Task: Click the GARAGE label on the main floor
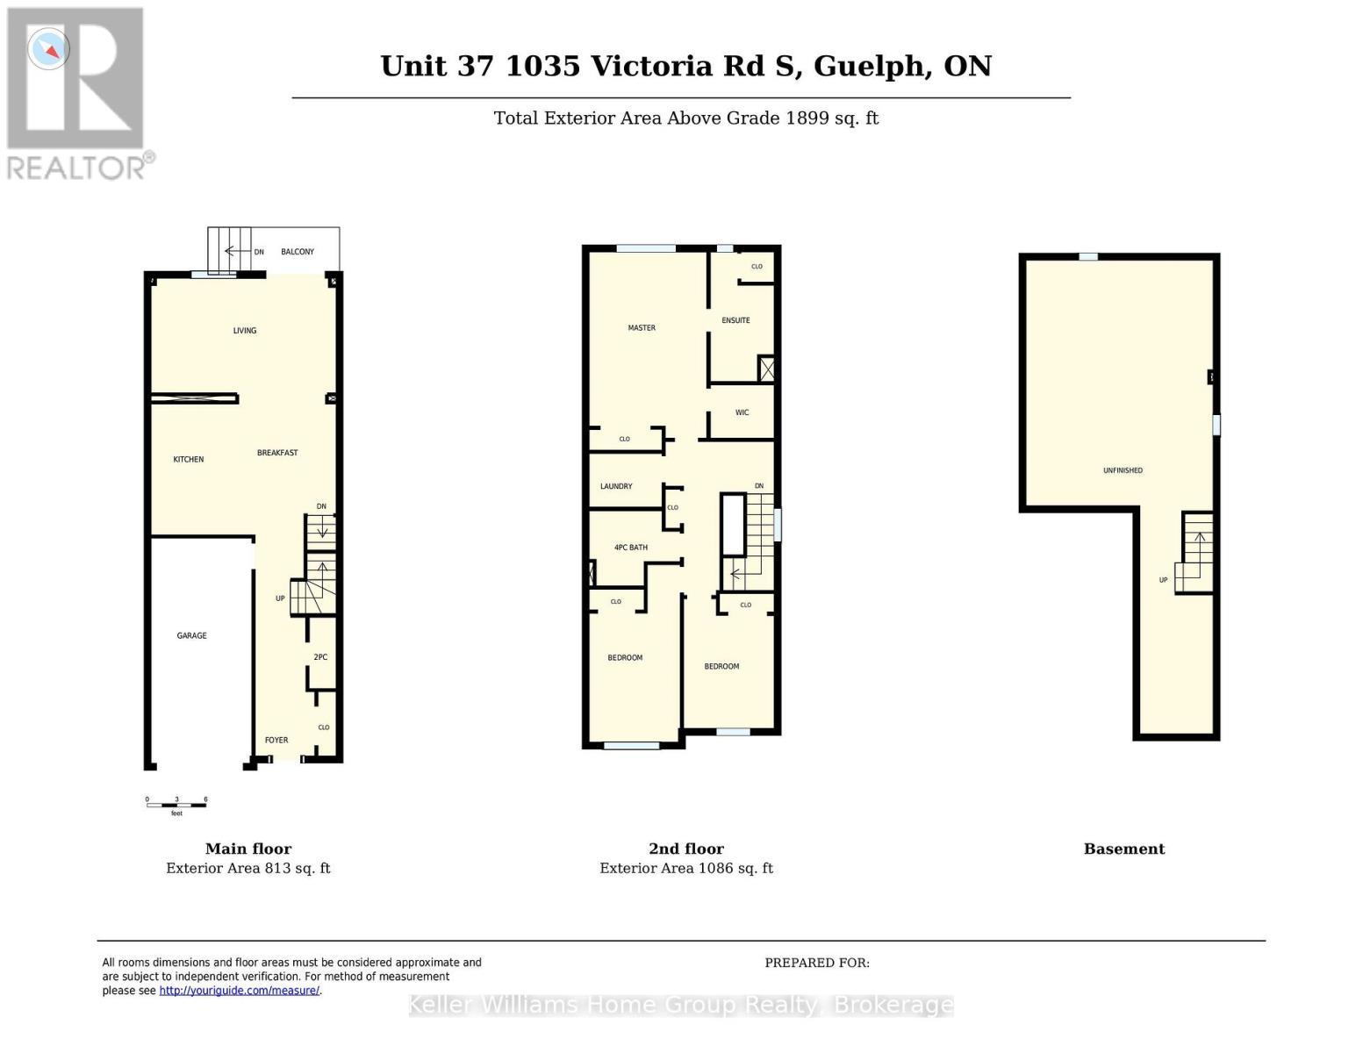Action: tap(191, 635)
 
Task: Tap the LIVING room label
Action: tap(245, 331)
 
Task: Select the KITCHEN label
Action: tap(189, 459)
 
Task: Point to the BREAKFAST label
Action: tap(277, 453)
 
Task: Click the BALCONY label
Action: tap(298, 252)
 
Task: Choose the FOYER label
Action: tap(276, 740)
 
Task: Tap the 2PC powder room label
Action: tap(320, 657)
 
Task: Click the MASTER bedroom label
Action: tap(642, 327)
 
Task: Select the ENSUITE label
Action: tap(735, 320)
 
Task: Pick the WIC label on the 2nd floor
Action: tap(742, 412)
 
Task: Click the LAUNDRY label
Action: tap(616, 486)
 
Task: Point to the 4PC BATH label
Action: tap(630, 548)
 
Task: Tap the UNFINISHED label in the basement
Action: tap(1123, 470)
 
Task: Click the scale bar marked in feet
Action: tap(176, 804)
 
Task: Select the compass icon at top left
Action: tap(48, 49)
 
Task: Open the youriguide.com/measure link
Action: tap(239, 991)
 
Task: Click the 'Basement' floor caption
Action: tap(1123, 849)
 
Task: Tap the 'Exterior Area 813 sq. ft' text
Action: tap(248, 868)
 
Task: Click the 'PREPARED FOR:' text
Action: tap(817, 963)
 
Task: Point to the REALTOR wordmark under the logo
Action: tap(77, 167)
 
